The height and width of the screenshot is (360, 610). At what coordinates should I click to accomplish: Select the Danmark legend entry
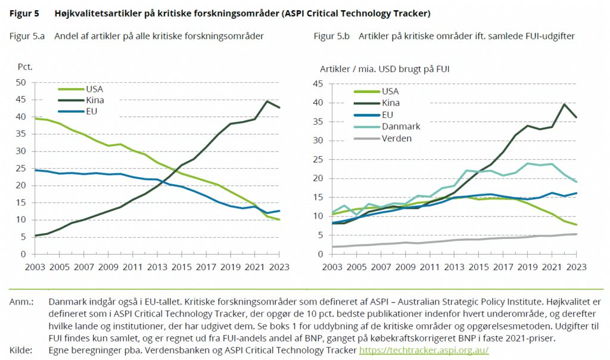point(402,126)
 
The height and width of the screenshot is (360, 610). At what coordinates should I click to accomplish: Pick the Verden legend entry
point(399,138)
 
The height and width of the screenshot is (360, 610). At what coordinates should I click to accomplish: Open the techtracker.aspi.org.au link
point(424,350)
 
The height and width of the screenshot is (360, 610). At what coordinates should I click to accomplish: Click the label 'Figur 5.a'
point(27,36)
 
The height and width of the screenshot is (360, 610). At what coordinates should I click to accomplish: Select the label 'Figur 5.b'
point(332,36)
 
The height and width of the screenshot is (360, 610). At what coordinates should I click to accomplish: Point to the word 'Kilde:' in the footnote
point(21,350)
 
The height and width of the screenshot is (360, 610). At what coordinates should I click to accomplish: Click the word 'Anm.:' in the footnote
point(21,302)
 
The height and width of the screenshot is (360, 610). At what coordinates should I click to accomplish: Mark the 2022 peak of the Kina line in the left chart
point(267,101)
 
